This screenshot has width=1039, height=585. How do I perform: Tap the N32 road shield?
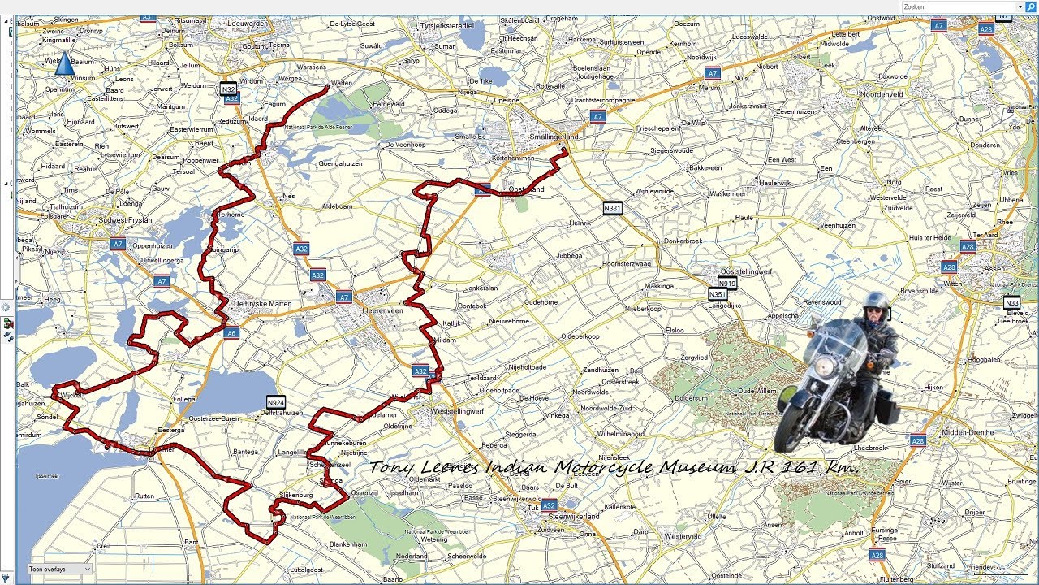(229, 89)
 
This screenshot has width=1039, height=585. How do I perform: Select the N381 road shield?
(613, 208)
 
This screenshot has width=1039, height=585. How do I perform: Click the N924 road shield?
(276, 401)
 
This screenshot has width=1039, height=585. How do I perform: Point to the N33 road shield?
(1011, 303)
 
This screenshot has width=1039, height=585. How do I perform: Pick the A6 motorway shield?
(231, 333)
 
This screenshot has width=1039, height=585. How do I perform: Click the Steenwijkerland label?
(573, 516)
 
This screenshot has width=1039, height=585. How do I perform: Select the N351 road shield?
(718, 294)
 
